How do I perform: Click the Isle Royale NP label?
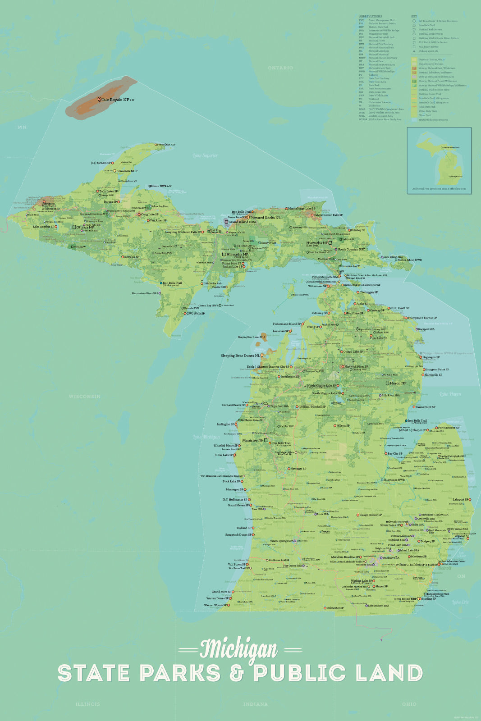point(117,100)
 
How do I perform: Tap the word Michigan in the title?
point(239,649)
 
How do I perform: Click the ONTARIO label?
point(280,68)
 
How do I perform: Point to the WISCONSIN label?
point(85,397)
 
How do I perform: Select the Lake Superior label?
point(205,155)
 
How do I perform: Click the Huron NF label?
point(398,383)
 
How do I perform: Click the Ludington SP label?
point(225,424)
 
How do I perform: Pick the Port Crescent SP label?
point(449,428)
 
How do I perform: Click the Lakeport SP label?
point(461,499)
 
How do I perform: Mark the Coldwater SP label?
point(335,608)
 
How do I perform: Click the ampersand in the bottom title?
point(236,673)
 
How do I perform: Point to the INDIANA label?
point(255,704)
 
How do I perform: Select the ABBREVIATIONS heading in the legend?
point(370,17)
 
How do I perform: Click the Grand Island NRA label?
point(242,222)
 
